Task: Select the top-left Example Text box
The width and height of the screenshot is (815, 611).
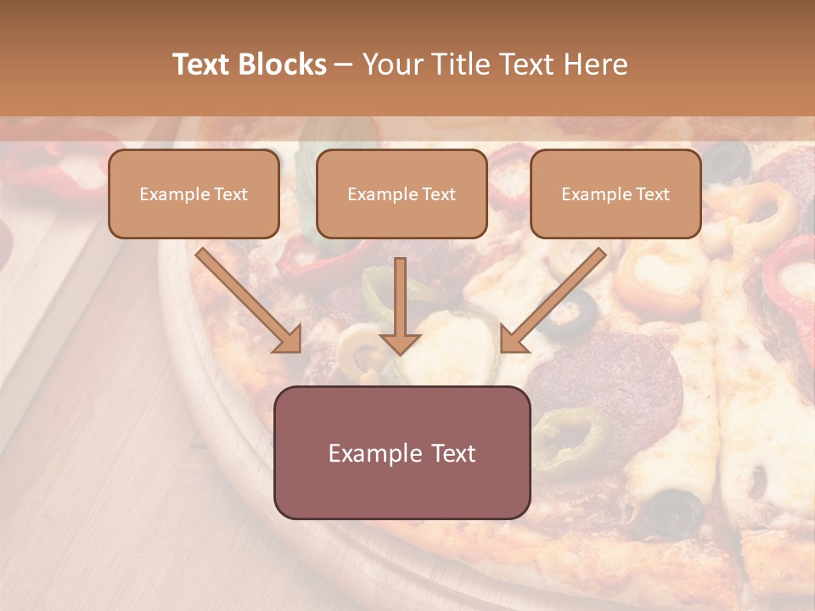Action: (x=194, y=193)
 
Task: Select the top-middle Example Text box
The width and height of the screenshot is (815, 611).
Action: (x=402, y=193)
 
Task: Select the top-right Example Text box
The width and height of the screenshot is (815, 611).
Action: (x=615, y=193)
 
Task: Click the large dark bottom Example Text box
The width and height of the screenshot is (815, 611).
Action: (x=402, y=452)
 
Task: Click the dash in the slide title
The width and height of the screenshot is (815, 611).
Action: (x=344, y=64)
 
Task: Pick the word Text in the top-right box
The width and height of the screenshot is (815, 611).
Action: (x=652, y=194)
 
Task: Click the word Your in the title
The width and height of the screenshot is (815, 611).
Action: (x=391, y=64)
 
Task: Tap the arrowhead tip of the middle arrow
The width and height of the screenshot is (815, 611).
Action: (x=400, y=351)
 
